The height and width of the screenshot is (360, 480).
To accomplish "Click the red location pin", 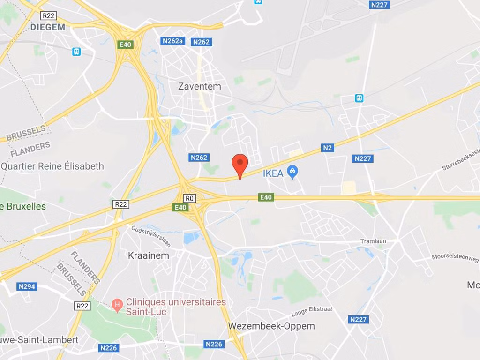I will (240, 164).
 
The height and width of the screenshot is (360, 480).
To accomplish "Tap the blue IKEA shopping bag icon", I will (293, 172).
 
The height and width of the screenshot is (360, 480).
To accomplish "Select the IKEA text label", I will (273, 173).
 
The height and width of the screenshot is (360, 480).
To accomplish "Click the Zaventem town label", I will (200, 86).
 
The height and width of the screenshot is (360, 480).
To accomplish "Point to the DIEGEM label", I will (47, 27).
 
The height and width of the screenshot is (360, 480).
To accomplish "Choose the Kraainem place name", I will (149, 255).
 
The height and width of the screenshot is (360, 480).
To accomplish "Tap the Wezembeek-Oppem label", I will (271, 326).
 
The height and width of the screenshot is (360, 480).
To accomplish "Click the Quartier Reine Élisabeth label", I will (52, 166).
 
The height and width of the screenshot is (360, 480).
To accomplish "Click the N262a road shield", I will (172, 41).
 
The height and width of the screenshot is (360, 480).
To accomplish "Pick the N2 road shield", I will (328, 148).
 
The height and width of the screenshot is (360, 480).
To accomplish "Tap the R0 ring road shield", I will (189, 198).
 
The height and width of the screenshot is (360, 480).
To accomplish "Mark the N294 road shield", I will (27, 286).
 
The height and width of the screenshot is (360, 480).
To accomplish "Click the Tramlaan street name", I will (373, 241).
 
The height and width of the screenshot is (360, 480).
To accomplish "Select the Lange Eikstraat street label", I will (312, 311).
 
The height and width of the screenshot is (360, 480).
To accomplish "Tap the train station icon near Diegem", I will (76, 52).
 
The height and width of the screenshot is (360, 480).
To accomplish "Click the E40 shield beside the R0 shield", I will (180, 207).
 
